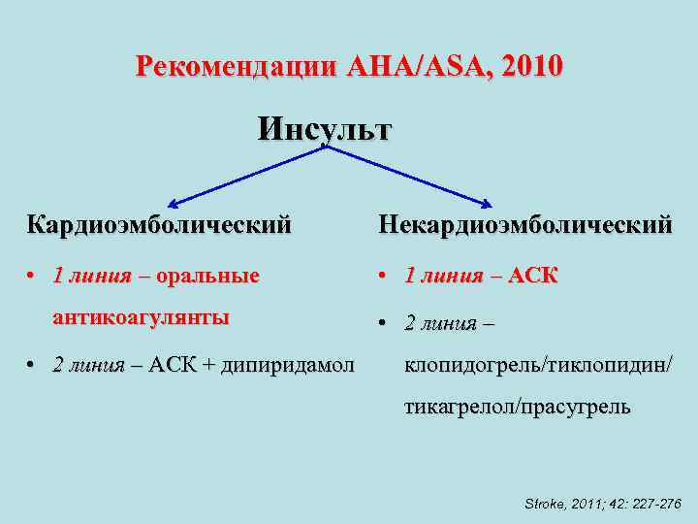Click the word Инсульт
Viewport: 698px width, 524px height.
[325, 129]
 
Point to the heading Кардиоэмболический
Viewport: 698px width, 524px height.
[159, 225]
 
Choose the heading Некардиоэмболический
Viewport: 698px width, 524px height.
[524, 225]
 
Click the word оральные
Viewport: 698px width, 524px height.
[208, 276]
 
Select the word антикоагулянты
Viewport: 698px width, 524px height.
[141, 317]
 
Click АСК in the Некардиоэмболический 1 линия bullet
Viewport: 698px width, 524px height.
[533, 276]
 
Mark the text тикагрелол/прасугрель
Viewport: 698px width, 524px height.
[517, 408]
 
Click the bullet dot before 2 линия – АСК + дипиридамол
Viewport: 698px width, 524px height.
[33, 366]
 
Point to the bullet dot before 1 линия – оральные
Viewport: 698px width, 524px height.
[33, 277]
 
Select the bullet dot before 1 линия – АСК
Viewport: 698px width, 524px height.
[385, 277]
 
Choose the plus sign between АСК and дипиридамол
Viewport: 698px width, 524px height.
[207, 366]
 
